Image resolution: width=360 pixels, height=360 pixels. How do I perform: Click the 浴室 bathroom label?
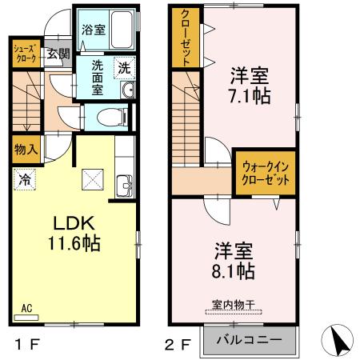click(94, 30)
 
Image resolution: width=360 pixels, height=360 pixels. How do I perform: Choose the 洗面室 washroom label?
click(97, 77)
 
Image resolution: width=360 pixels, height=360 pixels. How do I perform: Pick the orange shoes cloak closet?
click(23, 54)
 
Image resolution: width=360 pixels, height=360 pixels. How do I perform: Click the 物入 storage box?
click(26, 150)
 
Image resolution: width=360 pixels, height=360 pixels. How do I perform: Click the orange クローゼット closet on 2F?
click(185, 38)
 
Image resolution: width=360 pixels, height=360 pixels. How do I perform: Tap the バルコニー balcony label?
click(249, 340)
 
